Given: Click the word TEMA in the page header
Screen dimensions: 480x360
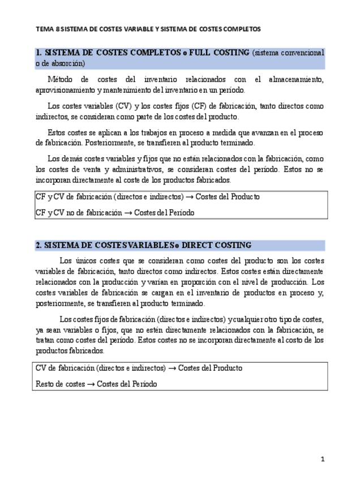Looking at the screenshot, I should [43, 28].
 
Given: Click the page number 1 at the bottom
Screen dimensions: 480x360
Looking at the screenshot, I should [322, 459].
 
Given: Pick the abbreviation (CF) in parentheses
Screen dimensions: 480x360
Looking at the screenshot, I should [204, 106].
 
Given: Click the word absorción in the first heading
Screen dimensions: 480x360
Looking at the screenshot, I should [65, 63].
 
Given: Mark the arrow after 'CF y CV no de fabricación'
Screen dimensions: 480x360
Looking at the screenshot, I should [127, 213].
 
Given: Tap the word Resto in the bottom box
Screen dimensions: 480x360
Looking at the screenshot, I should [45, 383].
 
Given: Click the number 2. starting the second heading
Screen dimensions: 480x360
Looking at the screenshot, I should [38, 245].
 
